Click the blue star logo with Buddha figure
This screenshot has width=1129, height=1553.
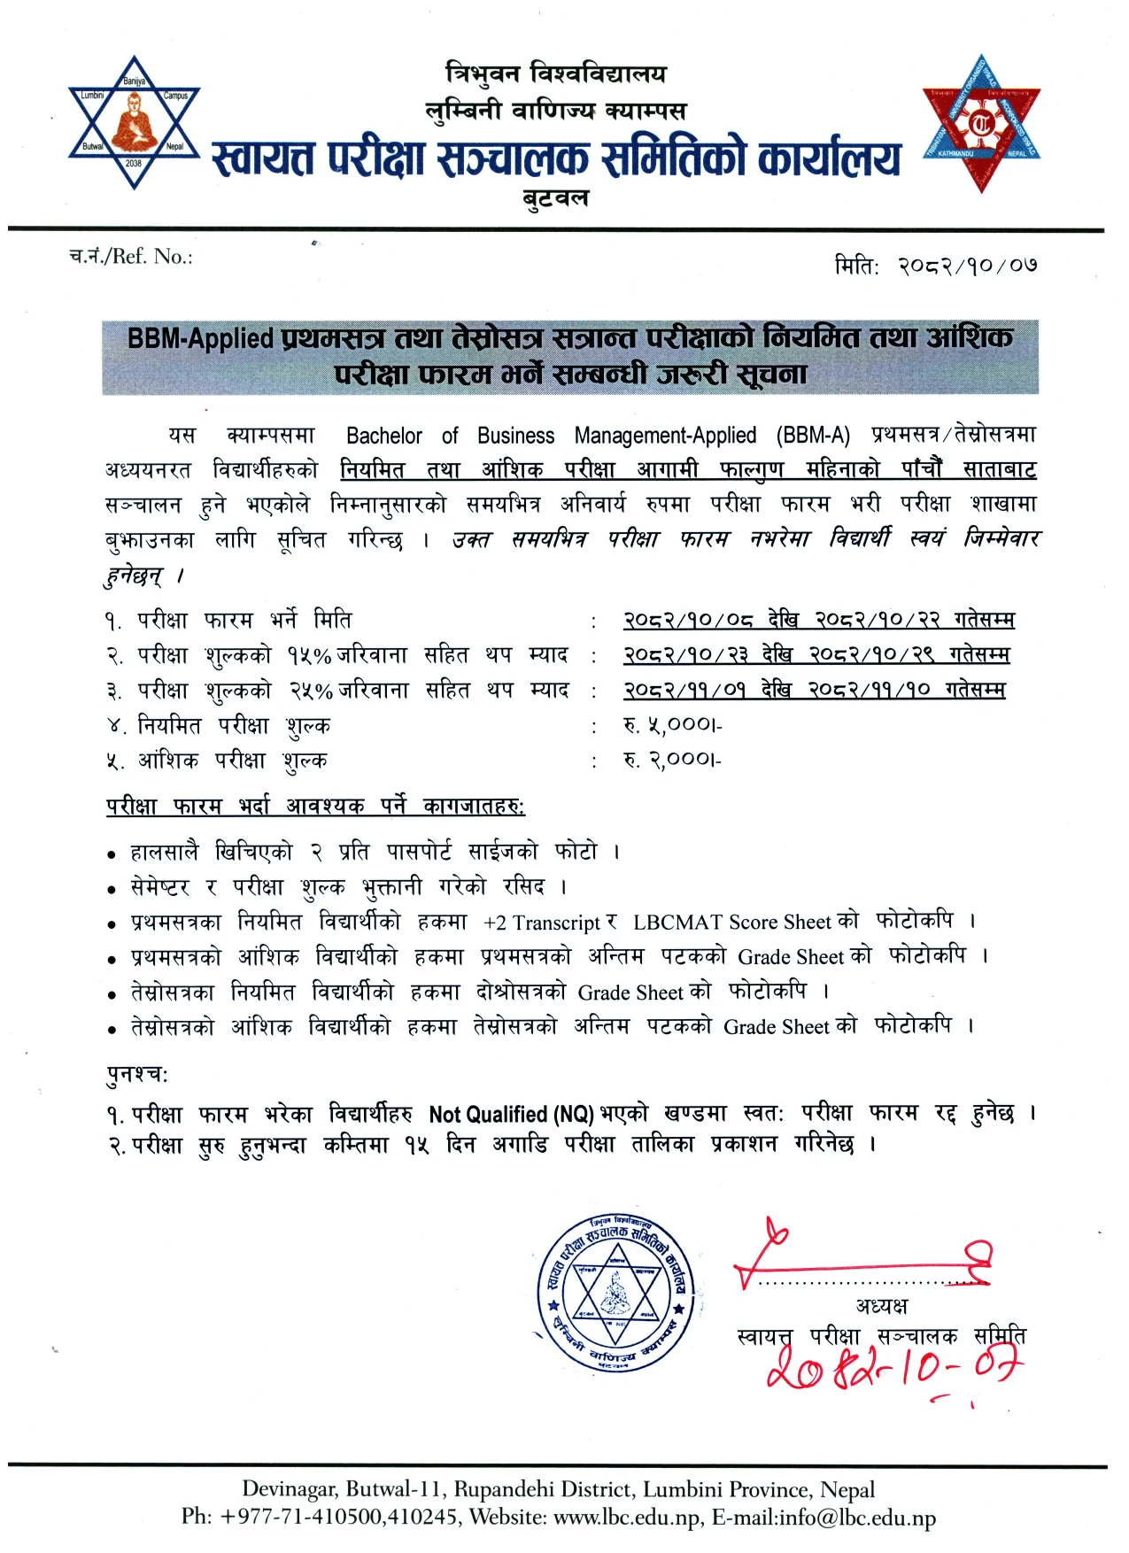pos(134,122)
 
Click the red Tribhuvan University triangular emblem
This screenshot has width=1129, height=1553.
pos(981,125)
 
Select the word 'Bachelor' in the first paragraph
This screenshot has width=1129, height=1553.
pos(384,436)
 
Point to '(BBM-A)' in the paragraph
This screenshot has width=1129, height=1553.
pos(813,436)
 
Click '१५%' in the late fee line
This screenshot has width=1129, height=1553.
pos(308,656)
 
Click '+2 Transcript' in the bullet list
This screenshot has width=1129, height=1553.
pos(542,923)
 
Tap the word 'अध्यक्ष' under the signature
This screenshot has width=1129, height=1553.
pos(881,1306)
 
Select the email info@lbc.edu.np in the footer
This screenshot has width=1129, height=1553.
pos(856,1518)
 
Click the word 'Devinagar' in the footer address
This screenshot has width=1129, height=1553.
pos(289,1489)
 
